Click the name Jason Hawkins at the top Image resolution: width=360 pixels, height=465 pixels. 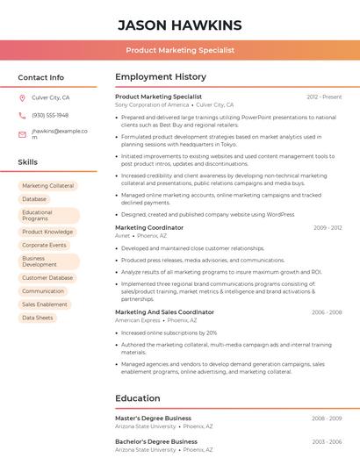click(x=179, y=25)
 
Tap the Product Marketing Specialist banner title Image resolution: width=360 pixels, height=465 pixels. click(x=179, y=51)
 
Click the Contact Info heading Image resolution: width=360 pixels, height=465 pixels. click(x=40, y=77)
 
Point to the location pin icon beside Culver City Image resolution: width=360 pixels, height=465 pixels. click(x=22, y=98)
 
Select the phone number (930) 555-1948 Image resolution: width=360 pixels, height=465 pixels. click(x=50, y=115)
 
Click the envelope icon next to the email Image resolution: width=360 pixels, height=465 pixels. click(x=22, y=134)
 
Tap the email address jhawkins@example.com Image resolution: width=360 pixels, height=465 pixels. click(x=60, y=133)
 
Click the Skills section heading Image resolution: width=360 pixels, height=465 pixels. click(x=27, y=162)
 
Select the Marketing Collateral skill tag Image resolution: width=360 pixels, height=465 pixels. click(x=48, y=186)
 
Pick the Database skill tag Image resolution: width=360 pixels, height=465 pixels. click(x=34, y=199)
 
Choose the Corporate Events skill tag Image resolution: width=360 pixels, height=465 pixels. click(x=44, y=245)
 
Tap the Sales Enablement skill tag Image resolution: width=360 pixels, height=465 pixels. click(x=45, y=304)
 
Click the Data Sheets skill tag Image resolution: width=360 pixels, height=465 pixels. click(x=38, y=318)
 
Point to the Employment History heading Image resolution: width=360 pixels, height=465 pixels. click(x=161, y=77)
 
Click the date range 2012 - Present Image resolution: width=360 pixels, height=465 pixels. click(x=324, y=97)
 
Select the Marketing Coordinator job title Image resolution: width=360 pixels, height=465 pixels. click(x=149, y=227)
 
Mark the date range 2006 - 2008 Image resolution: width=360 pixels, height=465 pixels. click(x=327, y=312)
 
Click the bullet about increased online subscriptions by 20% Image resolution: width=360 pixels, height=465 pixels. click(x=169, y=333)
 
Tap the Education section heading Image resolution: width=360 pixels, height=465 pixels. click(x=138, y=398)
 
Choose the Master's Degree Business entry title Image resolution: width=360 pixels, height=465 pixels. click(x=153, y=418)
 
